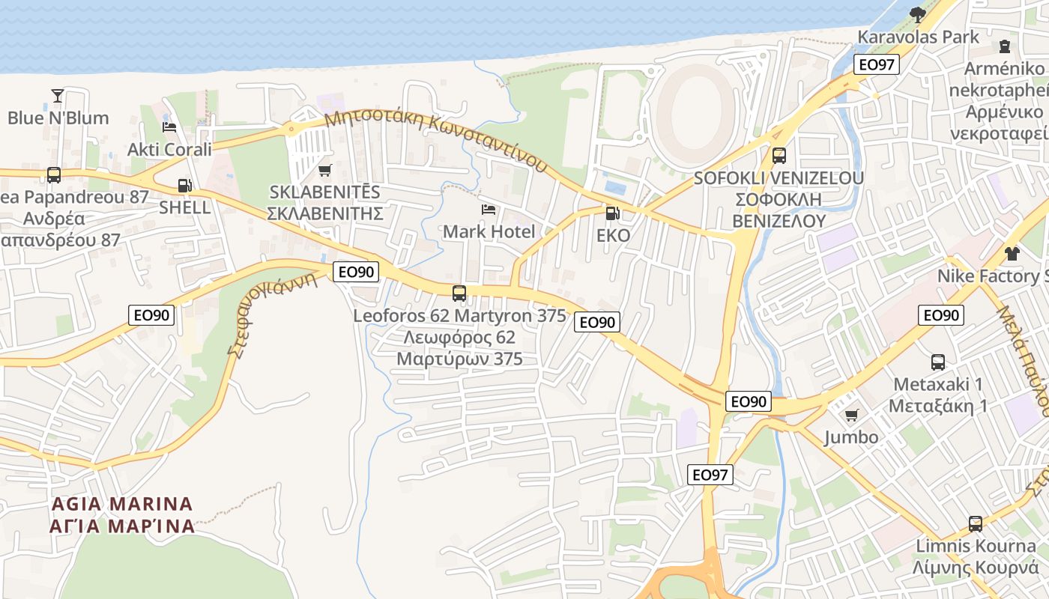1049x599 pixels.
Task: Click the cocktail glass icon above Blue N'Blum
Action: tap(58, 95)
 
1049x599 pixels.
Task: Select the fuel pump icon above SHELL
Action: tap(184, 185)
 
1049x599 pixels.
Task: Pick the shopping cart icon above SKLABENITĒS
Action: tap(324, 171)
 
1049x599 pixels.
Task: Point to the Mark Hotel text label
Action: tap(489, 231)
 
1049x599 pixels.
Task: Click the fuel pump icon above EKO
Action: tap(612, 213)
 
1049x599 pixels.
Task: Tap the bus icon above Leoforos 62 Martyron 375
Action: tap(459, 293)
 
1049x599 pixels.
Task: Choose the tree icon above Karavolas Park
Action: tap(917, 13)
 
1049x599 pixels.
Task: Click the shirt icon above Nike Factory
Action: tap(1012, 253)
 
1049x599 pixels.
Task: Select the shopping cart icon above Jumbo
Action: tap(851, 415)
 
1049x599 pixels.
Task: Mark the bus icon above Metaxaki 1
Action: tap(938, 362)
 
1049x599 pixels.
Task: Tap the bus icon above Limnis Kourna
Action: tap(975, 523)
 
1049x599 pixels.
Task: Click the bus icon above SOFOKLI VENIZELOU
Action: tap(779, 156)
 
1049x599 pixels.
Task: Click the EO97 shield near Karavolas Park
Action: tap(876, 64)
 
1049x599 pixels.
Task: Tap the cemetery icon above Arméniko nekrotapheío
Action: tap(1005, 46)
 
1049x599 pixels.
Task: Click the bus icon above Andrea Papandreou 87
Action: tap(54, 174)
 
